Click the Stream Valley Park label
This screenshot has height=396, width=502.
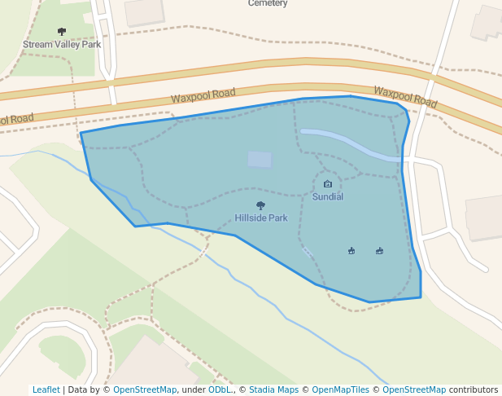[x=62, y=45]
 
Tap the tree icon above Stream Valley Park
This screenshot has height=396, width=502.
[x=62, y=32]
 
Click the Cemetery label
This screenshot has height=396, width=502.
[x=268, y=3]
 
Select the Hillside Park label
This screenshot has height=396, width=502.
[x=261, y=218]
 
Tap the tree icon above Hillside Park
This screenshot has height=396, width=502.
[x=260, y=205]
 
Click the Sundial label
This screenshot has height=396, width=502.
[x=328, y=197]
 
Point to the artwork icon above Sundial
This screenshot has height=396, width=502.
[x=328, y=184]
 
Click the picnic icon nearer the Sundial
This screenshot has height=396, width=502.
[x=351, y=250]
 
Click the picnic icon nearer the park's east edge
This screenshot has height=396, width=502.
[x=380, y=250]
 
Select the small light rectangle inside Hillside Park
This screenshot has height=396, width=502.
[x=260, y=159]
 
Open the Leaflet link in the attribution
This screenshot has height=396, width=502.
[x=46, y=390]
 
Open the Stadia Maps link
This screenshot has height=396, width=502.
[x=273, y=390]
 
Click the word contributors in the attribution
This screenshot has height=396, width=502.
[x=474, y=390]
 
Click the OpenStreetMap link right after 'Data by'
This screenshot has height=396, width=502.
[x=145, y=390]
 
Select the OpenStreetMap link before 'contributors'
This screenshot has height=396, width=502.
[x=414, y=390]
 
